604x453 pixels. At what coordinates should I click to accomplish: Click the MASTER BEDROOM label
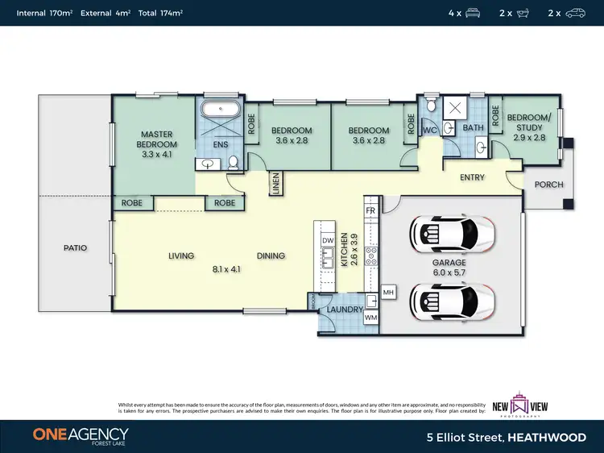pos(157,143)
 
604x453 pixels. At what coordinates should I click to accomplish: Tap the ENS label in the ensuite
pos(221,145)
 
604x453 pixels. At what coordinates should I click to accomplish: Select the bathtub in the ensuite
pos(219,111)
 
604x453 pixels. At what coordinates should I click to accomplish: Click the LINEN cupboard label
pos(275,183)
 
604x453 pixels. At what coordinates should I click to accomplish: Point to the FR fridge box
pos(370,210)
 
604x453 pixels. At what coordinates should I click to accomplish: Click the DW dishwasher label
pos(328,241)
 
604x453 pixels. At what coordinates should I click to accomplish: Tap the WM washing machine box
pos(371,318)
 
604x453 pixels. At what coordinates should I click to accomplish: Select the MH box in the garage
pos(387,292)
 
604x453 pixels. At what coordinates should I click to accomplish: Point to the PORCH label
pos(549,185)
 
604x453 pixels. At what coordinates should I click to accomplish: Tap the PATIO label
pos(75,248)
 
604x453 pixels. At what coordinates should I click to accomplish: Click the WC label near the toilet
pos(429,130)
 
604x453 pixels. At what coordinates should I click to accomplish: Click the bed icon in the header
pos(473,13)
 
